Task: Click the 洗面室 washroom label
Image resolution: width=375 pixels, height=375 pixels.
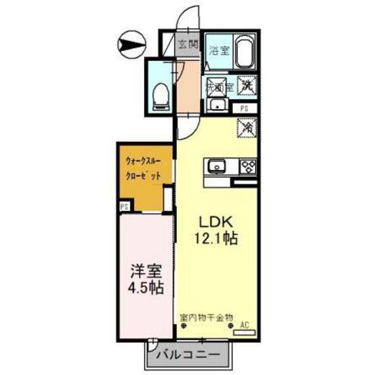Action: pos(219,86)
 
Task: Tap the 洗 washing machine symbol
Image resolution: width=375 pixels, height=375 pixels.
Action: pos(246,86)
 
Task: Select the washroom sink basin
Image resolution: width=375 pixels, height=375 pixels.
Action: pos(216,105)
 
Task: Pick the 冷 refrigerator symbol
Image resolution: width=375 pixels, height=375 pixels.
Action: pos(246,125)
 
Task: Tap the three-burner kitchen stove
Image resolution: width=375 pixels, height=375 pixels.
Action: pos(247,165)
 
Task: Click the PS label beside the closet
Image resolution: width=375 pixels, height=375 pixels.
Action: pos(124,208)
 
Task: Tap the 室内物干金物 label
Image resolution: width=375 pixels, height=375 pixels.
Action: pos(206,316)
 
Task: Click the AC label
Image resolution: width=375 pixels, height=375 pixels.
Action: pos(244,325)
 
